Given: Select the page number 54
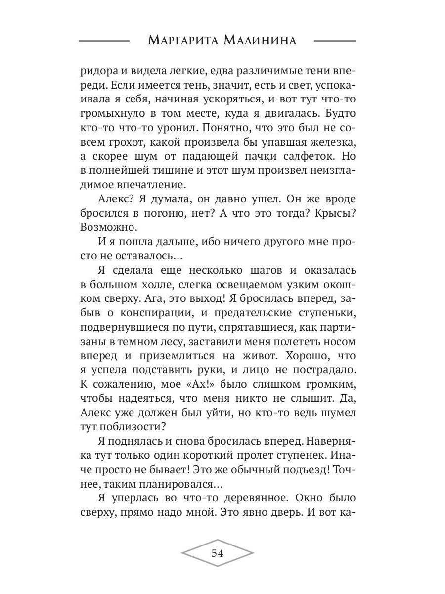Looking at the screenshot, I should click(218, 553).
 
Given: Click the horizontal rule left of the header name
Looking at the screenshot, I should click(104, 40).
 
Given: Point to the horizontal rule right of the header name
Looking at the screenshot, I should click(335, 40).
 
